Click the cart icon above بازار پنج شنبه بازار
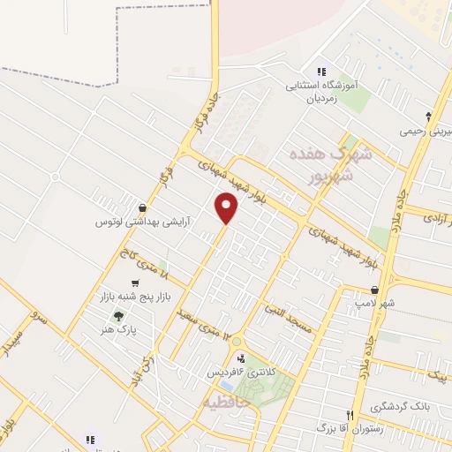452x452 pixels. (134, 283)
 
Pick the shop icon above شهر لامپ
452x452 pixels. (375, 290)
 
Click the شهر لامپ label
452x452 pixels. (376, 304)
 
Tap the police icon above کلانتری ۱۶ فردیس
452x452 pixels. (241, 358)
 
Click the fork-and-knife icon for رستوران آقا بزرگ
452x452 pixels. (350, 414)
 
